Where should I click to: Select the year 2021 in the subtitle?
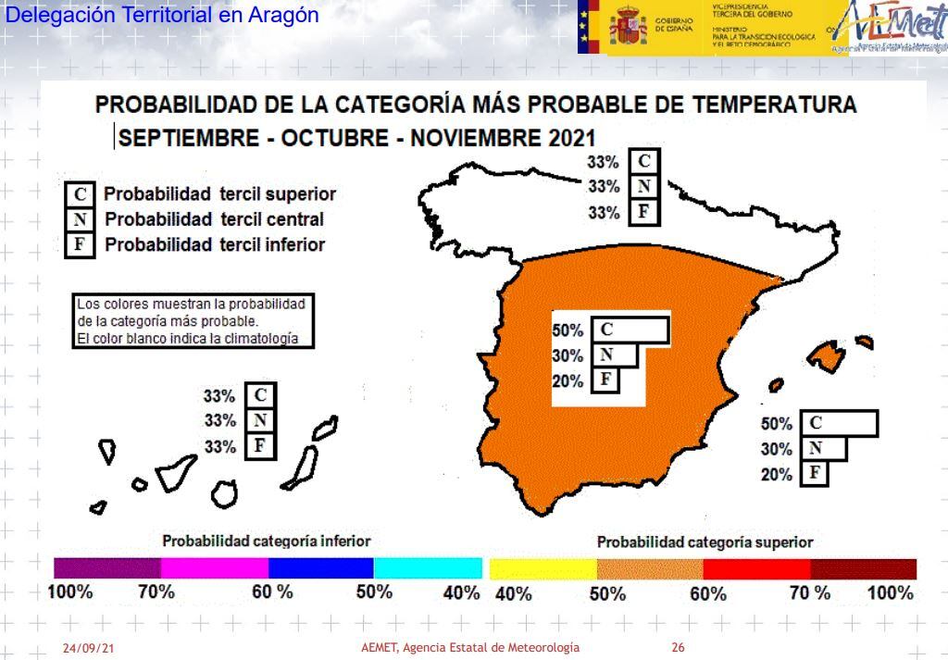(568, 138)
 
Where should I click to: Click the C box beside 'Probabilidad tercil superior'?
(80, 194)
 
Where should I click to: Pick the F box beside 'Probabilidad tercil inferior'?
(80, 245)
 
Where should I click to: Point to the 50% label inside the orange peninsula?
(568, 330)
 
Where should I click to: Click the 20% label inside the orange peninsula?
(568, 381)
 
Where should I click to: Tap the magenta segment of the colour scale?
(214, 568)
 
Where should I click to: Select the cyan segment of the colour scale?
(428, 568)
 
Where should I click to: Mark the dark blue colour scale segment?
(320, 568)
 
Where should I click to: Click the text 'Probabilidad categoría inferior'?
(267, 541)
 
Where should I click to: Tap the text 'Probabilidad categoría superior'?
(705, 542)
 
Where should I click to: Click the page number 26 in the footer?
(678, 648)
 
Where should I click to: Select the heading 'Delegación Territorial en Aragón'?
(162, 16)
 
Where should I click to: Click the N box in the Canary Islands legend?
(260, 420)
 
